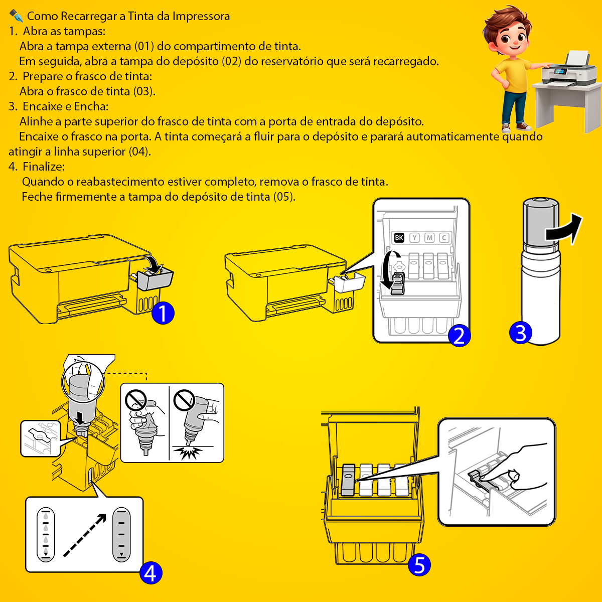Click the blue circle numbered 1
163,313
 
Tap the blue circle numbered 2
459,336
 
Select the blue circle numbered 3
520,333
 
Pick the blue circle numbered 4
150,572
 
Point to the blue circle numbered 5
419,565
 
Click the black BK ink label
399,238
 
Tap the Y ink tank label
414,238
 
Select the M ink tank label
429,238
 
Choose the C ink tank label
444,238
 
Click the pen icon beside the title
16,16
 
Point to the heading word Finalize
44,167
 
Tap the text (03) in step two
144,91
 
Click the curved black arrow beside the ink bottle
564,228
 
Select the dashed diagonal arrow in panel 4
85,535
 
